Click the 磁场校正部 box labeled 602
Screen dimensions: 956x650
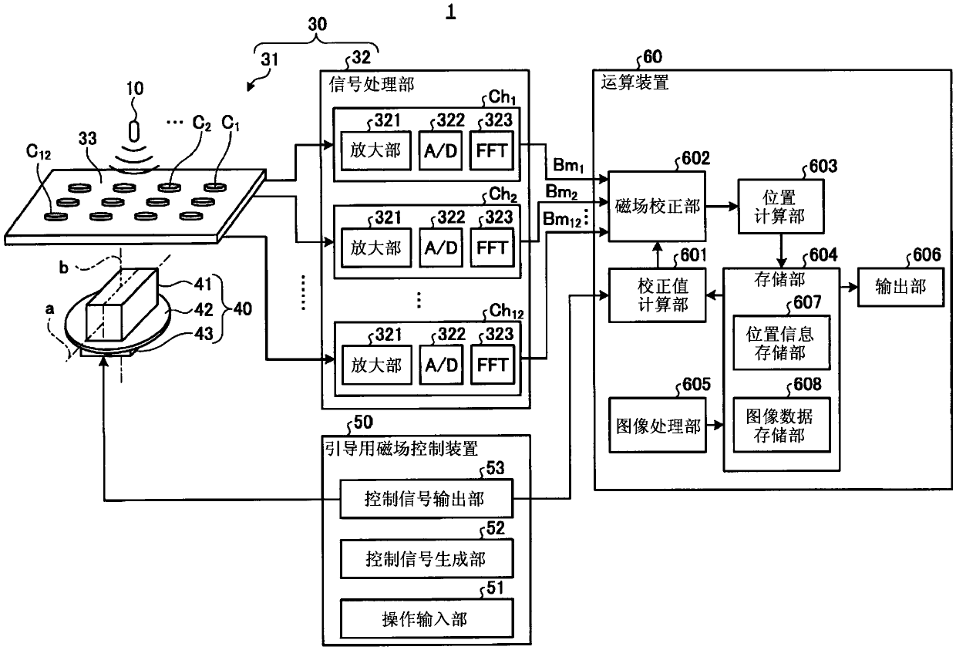click(x=657, y=207)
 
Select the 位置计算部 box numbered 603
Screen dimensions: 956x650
click(x=781, y=207)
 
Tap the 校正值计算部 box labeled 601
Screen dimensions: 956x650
click(x=657, y=295)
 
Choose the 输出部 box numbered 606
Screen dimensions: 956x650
click(x=900, y=287)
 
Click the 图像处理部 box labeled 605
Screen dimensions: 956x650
click(x=657, y=426)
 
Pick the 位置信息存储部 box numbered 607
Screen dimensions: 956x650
click(x=782, y=342)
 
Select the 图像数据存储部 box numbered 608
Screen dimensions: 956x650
click(x=782, y=425)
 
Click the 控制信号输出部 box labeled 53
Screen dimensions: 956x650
click(x=426, y=499)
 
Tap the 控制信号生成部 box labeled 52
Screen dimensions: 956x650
click(x=426, y=559)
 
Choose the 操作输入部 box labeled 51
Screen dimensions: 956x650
click(x=426, y=618)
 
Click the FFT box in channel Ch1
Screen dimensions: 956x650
click(x=492, y=150)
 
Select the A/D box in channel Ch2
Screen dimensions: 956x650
click(x=441, y=248)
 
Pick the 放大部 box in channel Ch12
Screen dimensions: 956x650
click(x=376, y=365)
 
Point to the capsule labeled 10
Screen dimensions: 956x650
click(x=134, y=131)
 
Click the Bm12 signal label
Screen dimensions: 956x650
click(x=561, y=220)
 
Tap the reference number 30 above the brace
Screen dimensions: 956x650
click(x=317, y=25)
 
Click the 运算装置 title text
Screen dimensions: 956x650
click(x=635, y=83)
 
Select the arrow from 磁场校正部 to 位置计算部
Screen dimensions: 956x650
click(x=722, y=207)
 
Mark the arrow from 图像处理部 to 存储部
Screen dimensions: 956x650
click(x=715, y=425)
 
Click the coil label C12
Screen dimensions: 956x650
click(x=39, y=151)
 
